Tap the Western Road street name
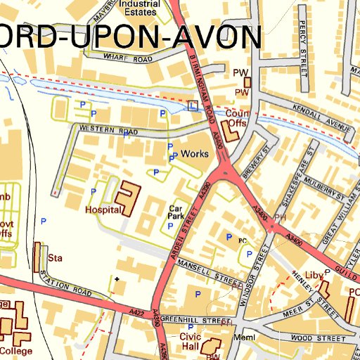pyautogui.click(x=108, y=130)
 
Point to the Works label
pyautogui.click(x=194, y=153)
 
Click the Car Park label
pyautogui.click(x=176, y=213)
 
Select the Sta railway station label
pyautogui.click(x=56, y=258)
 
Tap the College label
pyautogui.click(x=15, y=349)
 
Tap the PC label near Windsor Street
pyautogui.click(x=243, y=240)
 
